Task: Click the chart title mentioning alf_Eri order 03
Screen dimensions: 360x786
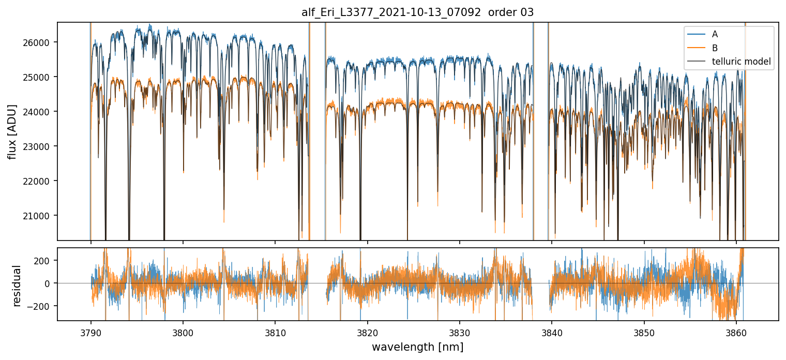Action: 417,13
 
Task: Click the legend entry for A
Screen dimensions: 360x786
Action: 715,34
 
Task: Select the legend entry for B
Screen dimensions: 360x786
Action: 715,48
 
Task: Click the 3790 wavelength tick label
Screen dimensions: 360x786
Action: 91,331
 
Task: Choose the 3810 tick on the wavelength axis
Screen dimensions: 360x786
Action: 275,331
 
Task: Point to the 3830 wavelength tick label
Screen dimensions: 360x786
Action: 460,331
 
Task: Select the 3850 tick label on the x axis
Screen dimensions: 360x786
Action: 644,331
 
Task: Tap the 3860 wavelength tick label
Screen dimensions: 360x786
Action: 736,331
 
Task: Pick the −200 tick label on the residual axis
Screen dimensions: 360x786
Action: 44,306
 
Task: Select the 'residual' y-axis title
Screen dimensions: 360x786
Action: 18,286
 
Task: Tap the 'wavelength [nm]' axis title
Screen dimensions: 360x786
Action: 417,347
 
